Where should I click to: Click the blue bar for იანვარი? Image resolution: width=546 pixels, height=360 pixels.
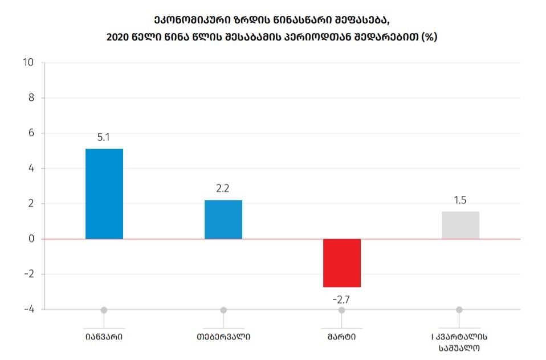(104, 194)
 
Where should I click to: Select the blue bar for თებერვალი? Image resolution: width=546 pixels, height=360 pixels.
(223, 219)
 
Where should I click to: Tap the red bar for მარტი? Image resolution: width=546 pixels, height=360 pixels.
(342, 263)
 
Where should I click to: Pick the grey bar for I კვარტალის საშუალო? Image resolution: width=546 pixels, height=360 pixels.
(461, 225)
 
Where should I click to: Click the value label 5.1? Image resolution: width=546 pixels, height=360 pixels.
(104, 137)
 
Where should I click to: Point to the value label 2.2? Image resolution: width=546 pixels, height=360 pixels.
(223, 189)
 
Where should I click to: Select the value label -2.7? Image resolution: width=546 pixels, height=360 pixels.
(341, 298)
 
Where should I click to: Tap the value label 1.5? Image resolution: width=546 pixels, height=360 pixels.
(460, 201)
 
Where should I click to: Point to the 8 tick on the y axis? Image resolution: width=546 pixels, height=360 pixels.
(31, 98)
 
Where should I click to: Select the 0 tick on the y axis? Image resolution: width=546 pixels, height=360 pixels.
(31, 239)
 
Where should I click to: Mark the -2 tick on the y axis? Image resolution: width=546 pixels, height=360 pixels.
(29, 274)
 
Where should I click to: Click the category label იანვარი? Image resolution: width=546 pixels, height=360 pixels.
(104, 336)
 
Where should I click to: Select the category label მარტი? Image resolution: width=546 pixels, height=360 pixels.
(341, 336)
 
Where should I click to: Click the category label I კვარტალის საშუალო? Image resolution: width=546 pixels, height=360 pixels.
(459, 341)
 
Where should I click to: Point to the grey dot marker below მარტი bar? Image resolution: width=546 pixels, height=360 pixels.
(341, 310)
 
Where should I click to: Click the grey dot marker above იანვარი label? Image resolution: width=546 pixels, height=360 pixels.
(104, 310)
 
